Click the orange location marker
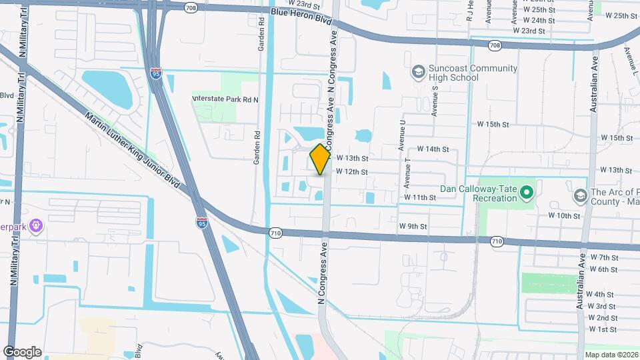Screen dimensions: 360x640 [x=321, y=159]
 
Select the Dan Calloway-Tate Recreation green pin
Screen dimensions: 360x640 [x=527, y=193]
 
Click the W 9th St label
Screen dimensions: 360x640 [x=413, y=227]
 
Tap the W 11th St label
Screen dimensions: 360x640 [x=419, y=198]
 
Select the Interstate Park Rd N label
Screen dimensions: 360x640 [x=225, y=99]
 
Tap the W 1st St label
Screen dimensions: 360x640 [x=602, y=329]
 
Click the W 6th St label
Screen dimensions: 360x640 [x=603, y=269]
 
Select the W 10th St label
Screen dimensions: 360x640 [x=565, y=216]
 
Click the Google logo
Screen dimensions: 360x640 [x=22, y=352]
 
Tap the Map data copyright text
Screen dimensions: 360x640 [x=611, y=355]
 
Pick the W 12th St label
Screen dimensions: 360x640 [x=352, y=172]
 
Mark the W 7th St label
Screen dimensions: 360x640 [x=604, y=257]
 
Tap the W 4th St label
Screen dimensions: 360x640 [x=600, y=294]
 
